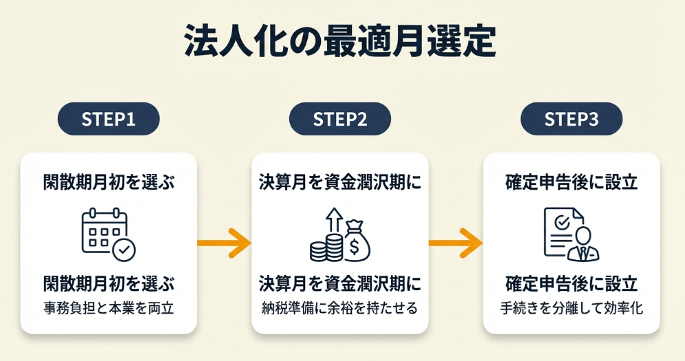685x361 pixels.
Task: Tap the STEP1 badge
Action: click(x=109, y=118)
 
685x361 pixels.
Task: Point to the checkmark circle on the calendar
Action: click(x=124, y=250)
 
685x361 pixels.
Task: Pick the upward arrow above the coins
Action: click(x=335, y=221)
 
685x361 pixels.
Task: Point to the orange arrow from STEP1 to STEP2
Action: click(x=223, y=242)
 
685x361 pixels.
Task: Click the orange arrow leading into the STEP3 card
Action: click(x=455, y=242)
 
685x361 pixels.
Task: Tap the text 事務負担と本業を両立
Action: click(x=109, y=308)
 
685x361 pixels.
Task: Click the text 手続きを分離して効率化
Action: click(x=571, y=308)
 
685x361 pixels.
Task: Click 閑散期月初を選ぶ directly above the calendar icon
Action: click(x=109, y=183)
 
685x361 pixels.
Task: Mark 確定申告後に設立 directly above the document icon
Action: click(x=571, y=183)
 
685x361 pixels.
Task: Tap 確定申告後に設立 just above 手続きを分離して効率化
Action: click(x=571, y=283)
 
